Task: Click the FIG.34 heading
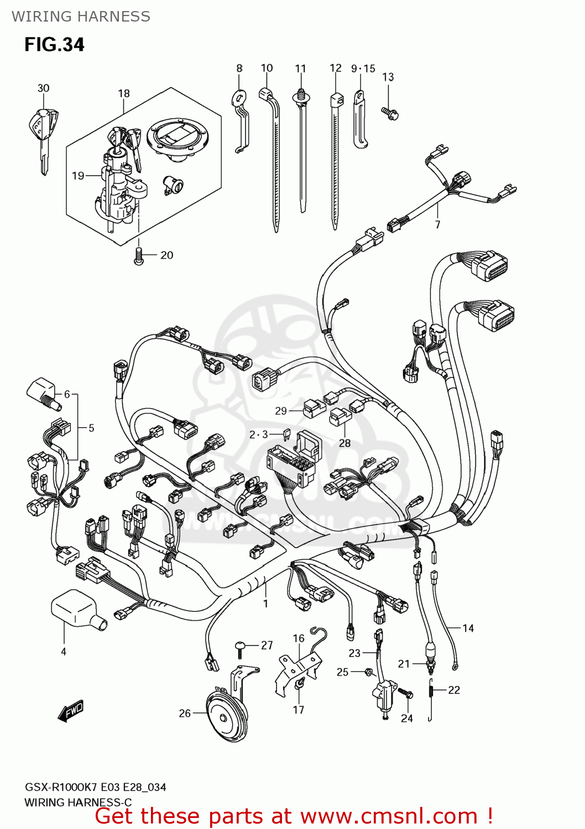click(54, 44)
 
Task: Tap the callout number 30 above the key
click(43, 88)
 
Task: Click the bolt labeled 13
click(390, 113)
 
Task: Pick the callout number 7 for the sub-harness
click(437, 224)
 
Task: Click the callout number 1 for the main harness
click(265, 603)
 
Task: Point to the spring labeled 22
click(431, 699)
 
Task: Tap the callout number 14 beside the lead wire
click(468, 628)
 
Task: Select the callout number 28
click(344, 443)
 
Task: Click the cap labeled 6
click(43, 392)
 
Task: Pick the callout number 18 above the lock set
click(124, 93)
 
